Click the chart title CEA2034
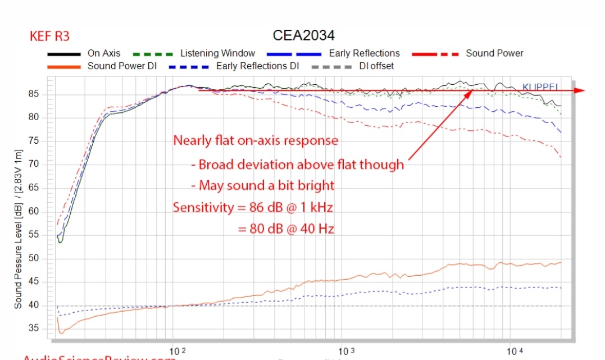tap(303, 35)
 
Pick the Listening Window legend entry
tap(217, 53)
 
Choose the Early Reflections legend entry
tap(364, 53)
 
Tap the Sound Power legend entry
tap(494, 53)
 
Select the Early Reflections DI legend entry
tap(258, 66)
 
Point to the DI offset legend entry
tap(376, 66)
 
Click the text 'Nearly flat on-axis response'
tap(256, 140)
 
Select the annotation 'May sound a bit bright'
tap(262, 185)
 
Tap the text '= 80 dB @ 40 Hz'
tap(286, 229)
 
